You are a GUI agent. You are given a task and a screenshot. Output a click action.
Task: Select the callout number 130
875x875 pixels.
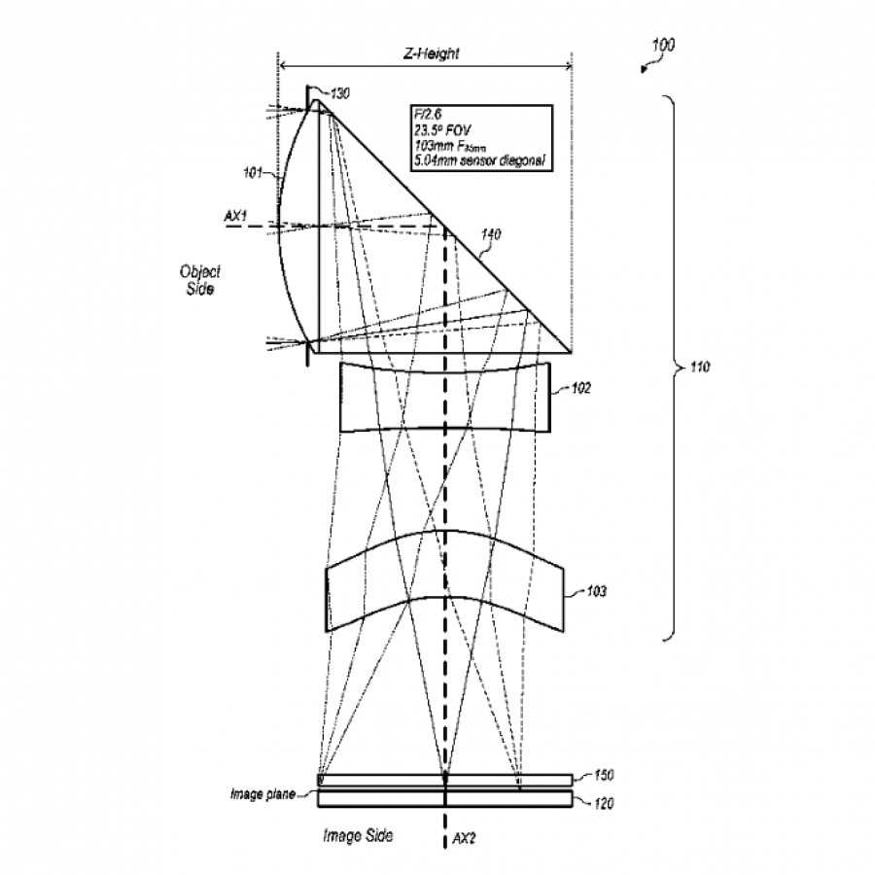pyautogui.click(x=339, y=93)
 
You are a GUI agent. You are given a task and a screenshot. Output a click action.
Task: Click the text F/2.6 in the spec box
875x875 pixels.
pyautogui.click(x=429, y=115)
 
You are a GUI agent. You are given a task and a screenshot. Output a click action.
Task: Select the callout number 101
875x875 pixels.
pyautogui.click(x=252, y=174)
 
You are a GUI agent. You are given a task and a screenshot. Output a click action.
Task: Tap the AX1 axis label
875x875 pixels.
pyautogui.click(x=236, y=218)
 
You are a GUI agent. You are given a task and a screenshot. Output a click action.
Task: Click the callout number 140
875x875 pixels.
pyautogui.click(x=491, y=233)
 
